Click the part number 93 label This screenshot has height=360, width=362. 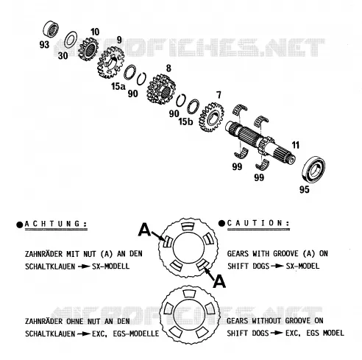44,45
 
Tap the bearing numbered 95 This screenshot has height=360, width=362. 313,169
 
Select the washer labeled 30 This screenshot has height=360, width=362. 71,40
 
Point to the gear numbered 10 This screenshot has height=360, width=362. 88,49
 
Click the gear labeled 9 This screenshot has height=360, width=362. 110,63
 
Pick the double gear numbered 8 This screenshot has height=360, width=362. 161,89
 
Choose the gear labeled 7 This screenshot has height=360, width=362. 211,117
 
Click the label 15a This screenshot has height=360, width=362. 118,86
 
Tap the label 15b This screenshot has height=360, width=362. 185,121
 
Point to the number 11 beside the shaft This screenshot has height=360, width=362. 296,145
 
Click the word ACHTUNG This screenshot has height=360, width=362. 56,224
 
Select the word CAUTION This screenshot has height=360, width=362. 258,223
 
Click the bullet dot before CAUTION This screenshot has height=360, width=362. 221,223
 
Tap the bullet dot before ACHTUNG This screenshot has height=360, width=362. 19,225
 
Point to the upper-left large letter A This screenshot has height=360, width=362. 144,230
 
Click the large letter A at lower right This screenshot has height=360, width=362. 219,281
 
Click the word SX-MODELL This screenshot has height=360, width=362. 110,267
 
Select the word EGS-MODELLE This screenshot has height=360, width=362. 136,333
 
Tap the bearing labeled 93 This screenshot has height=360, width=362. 51,29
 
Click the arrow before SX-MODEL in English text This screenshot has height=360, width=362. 277,267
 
